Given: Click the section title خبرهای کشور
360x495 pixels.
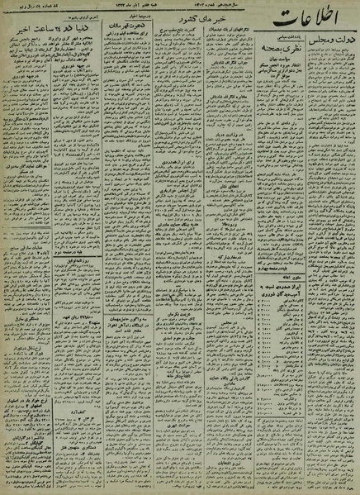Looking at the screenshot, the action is pos(198,18).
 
